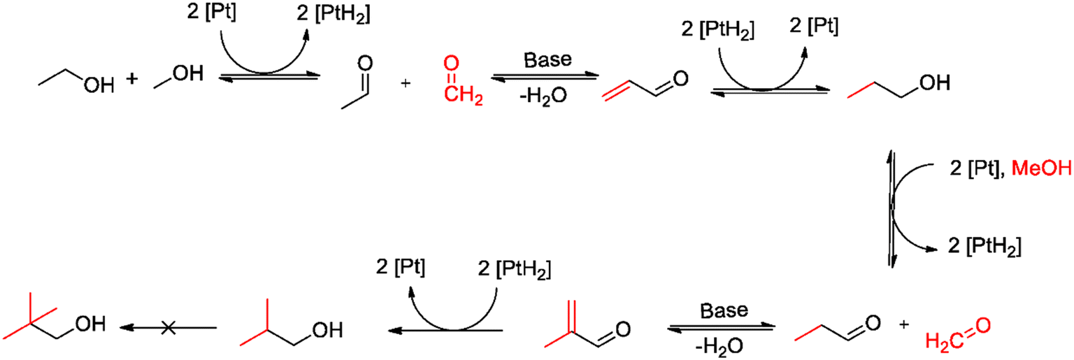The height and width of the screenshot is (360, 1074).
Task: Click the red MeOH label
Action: point(1041,168)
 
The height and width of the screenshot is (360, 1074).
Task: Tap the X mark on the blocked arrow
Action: point(168,328)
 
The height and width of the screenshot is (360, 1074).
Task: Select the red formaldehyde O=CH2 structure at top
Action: point(462,80)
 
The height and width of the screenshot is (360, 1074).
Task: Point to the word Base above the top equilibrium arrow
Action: point(547,60)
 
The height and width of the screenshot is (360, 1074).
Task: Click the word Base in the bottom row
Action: point(724,310)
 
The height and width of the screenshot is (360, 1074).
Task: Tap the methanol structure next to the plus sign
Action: point(178,77)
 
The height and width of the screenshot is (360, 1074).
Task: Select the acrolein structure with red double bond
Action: point(645,85)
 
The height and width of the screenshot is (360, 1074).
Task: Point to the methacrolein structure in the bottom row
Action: point(587,324)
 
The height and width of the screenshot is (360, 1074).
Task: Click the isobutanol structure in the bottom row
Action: point(291,323)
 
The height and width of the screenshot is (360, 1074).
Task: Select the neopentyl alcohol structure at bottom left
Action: point(54,315)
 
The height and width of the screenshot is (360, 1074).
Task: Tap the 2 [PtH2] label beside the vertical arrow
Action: point(984,247)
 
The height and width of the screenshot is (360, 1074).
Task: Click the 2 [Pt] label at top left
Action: point(211,11)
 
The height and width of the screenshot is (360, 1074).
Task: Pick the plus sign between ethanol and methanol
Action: point(132,78)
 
